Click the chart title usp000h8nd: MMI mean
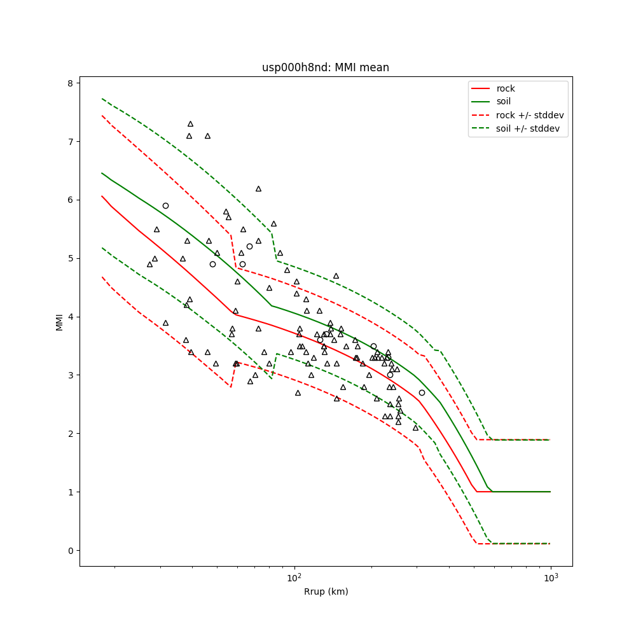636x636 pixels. coord(325,67)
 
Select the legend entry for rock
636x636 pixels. coord(506,88)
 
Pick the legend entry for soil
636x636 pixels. coord(504,101)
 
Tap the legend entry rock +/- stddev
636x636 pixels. coord(530,115)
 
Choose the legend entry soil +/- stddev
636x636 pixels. coord(530,128)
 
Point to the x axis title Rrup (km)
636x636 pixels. coord(326,591)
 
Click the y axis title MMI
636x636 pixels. coord(60,322)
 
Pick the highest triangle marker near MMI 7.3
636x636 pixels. coord(190,124)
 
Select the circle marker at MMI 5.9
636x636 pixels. coord(165,205)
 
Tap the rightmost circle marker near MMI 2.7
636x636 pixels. coord(422,392)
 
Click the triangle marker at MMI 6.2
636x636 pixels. coord(258,188)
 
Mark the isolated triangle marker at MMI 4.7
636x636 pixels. coord(336,276)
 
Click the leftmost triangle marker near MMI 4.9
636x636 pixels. coord(149,264)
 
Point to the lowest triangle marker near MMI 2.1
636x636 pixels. coord(415,427)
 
